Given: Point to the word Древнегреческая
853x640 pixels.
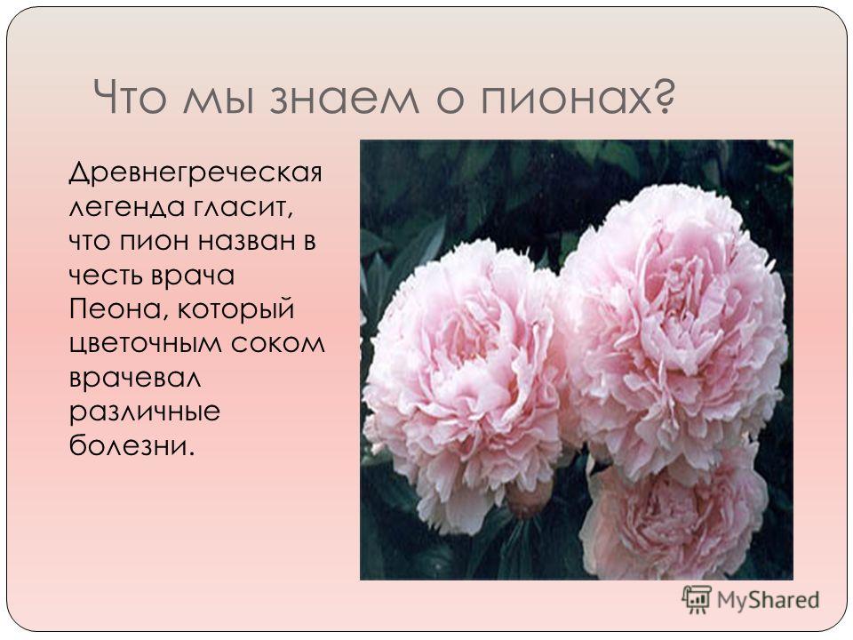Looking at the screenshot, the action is pyautogui.click(x=195, y=173).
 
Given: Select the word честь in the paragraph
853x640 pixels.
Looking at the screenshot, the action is pyautogui.click(x=106, y=276).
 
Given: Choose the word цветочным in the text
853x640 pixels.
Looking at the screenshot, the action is pyautogui.click(x=145, y=345).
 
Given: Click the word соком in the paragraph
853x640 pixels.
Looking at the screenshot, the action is pyautogui.click(x=277, y=344).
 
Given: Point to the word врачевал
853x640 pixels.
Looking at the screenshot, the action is pyautogui.click(x=135, y=378).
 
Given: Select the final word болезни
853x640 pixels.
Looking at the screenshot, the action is pyautogui.click(x=132, y=445).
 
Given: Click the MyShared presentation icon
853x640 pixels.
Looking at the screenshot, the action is pyautogui.click(x=697, y=600).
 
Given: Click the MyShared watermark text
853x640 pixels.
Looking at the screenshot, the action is pyautogui.click(x=768, y=600).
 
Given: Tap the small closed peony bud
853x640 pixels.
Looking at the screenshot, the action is pyautogui.click(x=528, y=498).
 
